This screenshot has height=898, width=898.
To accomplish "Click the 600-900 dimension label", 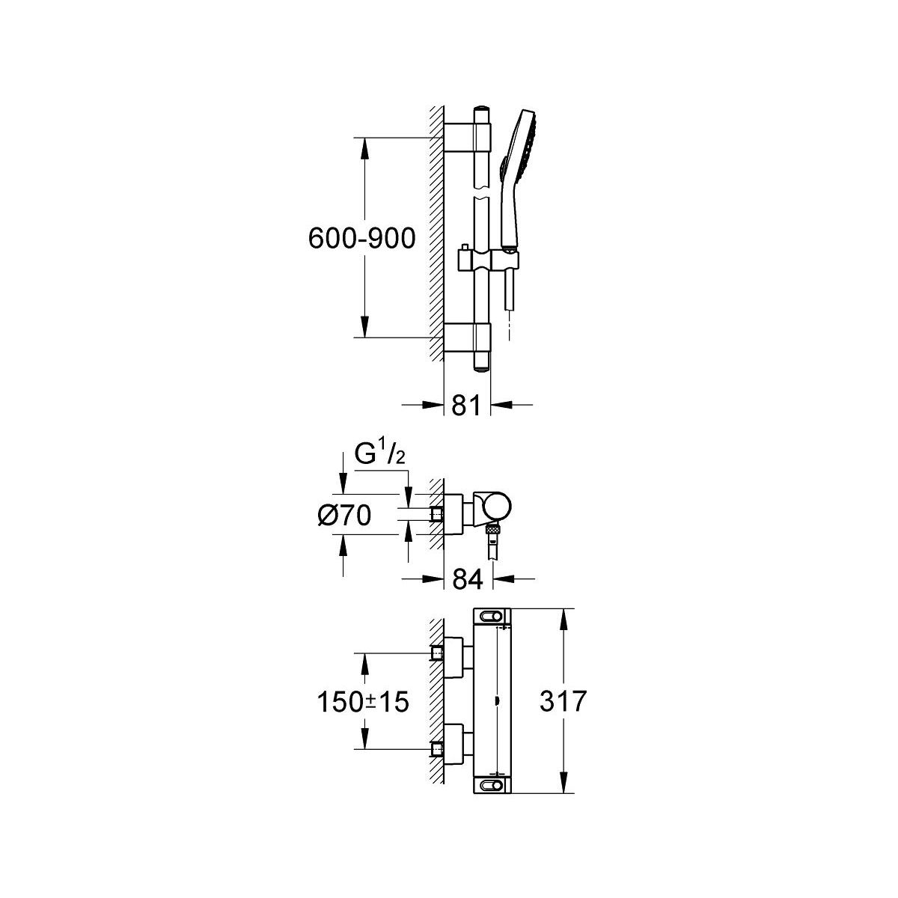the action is pos(361,239).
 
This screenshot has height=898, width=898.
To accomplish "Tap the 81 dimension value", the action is pos(466,405).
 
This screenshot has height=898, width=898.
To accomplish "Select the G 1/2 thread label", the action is pos(379,455).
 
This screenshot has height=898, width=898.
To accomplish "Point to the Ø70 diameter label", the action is pos(344,516).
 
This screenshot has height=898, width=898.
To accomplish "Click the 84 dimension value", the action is pos(468,579).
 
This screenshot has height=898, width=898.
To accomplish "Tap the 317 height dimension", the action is pos(563,701).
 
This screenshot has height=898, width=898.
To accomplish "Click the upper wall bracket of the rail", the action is pos(468,137).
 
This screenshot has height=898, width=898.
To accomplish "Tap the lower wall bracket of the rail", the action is pos(468,337).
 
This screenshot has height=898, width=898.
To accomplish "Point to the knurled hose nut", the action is pos(492,529).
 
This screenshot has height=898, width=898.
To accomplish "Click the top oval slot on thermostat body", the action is pos(491,616).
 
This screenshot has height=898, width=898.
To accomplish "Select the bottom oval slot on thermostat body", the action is pos(491,785).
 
